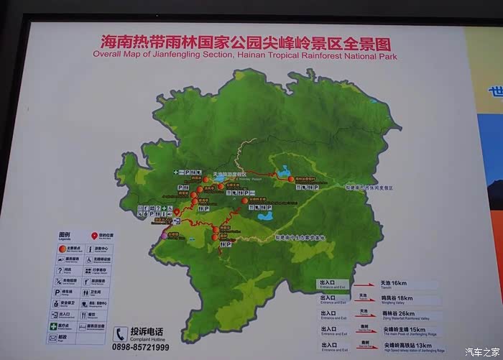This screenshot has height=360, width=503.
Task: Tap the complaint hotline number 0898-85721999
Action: point(140,347)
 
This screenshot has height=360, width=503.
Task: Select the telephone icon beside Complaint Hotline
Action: point(120,334)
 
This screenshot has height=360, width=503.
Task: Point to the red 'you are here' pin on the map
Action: point(177,213)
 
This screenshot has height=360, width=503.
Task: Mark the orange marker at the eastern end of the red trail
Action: point(291,180)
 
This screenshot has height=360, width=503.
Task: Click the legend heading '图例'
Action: point(64,235)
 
